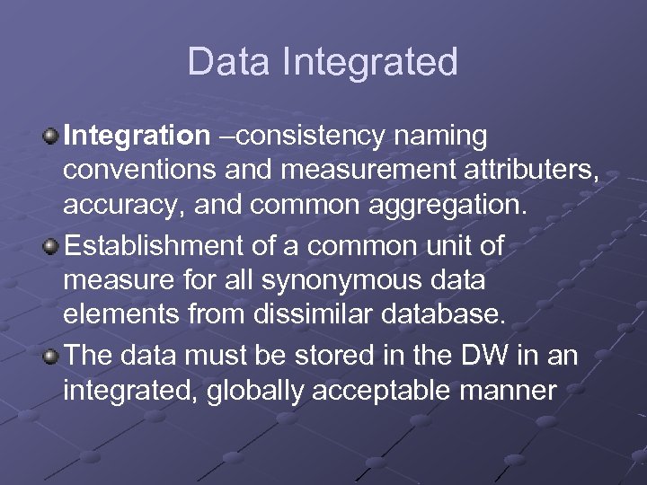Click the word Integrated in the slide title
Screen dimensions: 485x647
click(369, 63)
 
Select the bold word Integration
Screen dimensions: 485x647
click(136, 137)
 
